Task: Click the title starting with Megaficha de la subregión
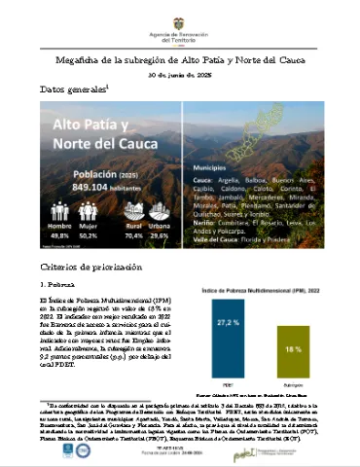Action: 180,59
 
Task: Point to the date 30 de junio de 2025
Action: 180,77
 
